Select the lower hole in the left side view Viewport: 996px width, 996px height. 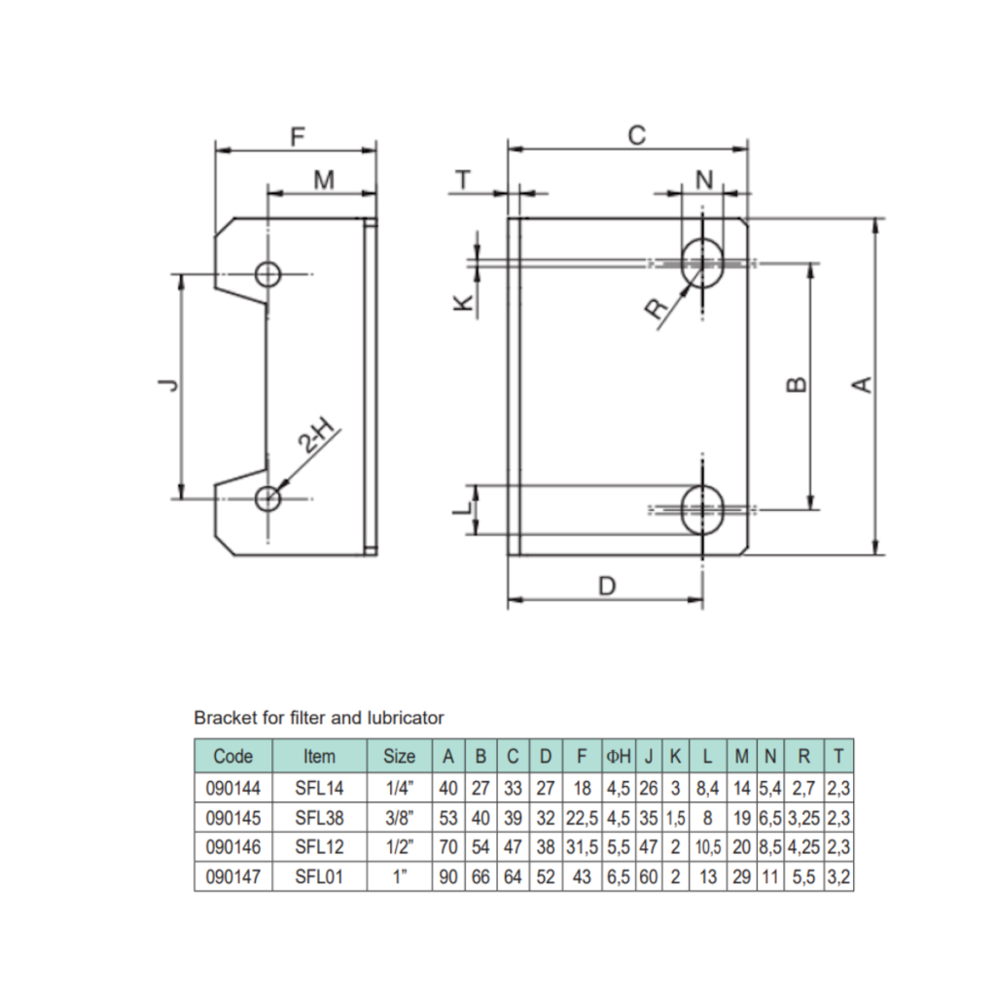(x=267, y=498)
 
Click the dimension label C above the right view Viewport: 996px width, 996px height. (x=636, y=135)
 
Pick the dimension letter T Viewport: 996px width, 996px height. (x=464, y=180)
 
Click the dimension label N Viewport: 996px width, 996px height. (x=704, y=179)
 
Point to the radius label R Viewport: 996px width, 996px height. (x=658, y=308)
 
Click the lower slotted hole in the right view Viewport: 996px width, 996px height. (x=701, y=509)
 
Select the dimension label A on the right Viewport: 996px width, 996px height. (x=862, y=385)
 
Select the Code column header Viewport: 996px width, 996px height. (x=232, y=756)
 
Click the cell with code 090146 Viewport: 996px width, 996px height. (x=232, y=846)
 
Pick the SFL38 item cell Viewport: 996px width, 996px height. (x=319, y=816)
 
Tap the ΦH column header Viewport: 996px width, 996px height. (x=619, y=756)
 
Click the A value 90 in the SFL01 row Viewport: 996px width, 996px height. (x=448, y=876)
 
